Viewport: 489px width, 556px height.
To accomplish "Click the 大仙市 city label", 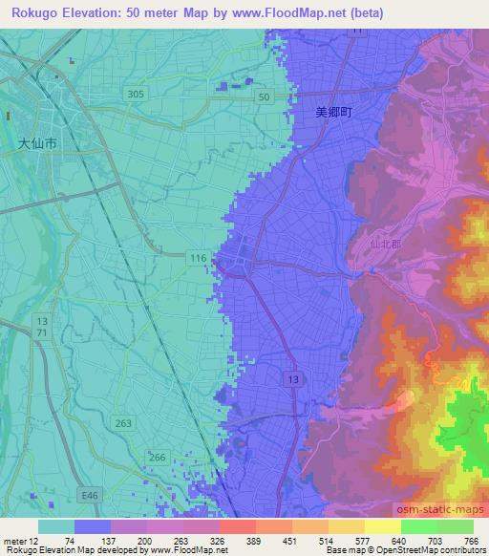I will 38,144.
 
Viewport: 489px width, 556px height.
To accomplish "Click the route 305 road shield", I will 136,93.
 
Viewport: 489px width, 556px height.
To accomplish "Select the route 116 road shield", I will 198,258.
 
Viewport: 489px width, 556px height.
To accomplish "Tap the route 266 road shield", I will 158,458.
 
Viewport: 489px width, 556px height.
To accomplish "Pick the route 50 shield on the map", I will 265,96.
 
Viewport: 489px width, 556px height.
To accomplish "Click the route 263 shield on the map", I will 122,423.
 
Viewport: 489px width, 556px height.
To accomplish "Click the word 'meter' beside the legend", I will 19,540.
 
